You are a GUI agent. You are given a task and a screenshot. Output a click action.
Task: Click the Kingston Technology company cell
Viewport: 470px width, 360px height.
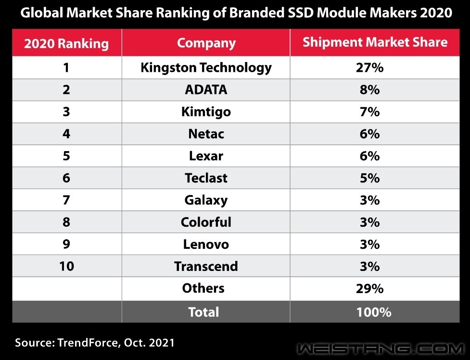pos(206,67)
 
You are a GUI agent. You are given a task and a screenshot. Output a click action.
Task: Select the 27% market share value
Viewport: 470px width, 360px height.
pos(369,67)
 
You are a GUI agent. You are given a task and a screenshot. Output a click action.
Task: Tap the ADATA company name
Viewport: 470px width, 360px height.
pos(206,90)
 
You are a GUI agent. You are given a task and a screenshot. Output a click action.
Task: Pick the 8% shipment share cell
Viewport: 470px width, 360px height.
pos(369,90)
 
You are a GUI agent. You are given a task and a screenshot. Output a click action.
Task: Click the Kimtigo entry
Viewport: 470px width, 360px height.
pos(206,112)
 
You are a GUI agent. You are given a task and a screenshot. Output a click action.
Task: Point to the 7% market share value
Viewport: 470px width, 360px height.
pos(369,112)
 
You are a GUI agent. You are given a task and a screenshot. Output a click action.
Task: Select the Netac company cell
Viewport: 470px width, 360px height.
pos(206,134)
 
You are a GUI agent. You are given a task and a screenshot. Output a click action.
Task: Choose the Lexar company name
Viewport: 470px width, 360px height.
pos(206,156)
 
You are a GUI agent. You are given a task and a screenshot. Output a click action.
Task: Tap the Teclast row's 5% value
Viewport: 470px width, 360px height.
pos(369,178)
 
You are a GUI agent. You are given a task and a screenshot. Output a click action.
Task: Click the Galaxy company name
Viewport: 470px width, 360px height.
pos(206,200)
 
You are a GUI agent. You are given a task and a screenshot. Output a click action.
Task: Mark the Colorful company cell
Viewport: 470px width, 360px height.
pos(206,222)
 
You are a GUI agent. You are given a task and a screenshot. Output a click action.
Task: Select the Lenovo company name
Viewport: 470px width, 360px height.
pos(206,244)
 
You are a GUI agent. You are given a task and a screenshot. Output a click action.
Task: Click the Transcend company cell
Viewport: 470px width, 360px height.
pos(206,266)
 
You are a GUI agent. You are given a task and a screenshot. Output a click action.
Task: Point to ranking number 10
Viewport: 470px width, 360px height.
pos(66,266)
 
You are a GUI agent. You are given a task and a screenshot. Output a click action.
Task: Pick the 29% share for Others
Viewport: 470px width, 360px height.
pos(369,288)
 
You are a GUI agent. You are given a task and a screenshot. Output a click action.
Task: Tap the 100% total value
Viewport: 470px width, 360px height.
pos(374,312)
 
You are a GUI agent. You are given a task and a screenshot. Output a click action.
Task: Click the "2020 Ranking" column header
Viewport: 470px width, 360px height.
pos(66,43)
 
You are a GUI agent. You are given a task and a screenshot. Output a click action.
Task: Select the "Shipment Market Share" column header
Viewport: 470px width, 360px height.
pos(375,42)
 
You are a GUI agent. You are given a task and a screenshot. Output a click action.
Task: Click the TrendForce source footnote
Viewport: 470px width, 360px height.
pos(94,343)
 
